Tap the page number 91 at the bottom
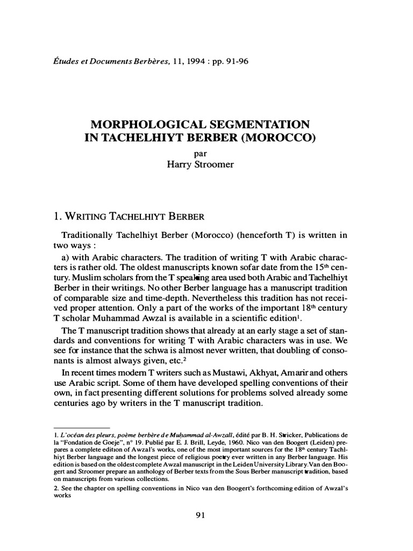click(201, 515)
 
